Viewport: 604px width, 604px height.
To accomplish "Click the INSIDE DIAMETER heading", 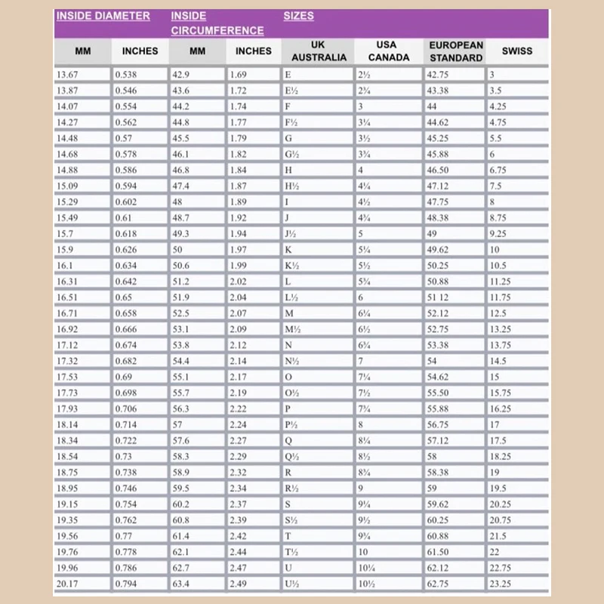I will [x=103, y=16].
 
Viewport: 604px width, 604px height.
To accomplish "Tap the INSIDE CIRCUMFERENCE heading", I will [x=217, y=23].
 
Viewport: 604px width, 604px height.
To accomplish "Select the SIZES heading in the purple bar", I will [x=299, y=16].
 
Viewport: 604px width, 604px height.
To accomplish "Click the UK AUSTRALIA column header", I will [x=319, y=51].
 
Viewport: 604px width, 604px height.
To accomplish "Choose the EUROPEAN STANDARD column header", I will [x=455, y=51].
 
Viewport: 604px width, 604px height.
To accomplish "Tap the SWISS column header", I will [x=516, y=51].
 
